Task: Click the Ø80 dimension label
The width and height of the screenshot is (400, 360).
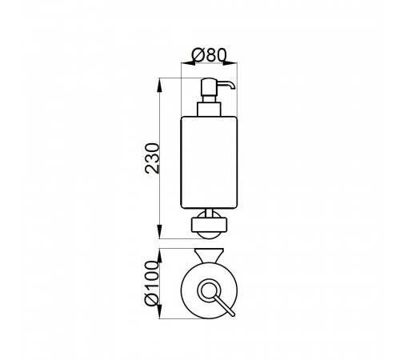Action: (x=209, y=55)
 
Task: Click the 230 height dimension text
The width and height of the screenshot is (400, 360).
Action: (x=152, y=158)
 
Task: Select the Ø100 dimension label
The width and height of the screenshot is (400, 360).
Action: (x=151, y=283)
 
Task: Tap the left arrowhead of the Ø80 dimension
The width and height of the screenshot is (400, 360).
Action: (x=188, y=63)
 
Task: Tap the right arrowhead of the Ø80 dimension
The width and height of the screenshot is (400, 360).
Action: (x=230, y=63)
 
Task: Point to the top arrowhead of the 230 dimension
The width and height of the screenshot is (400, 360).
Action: (x=159, y=85)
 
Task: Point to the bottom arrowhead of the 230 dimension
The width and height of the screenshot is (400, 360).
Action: (x=159, y=232)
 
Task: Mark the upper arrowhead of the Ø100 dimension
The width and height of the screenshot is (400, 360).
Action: (x=159, y=255)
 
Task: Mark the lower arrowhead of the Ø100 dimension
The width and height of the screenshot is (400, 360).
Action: (x=159, y=311)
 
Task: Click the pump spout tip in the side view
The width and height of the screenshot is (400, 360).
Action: (x=234, y=87)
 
